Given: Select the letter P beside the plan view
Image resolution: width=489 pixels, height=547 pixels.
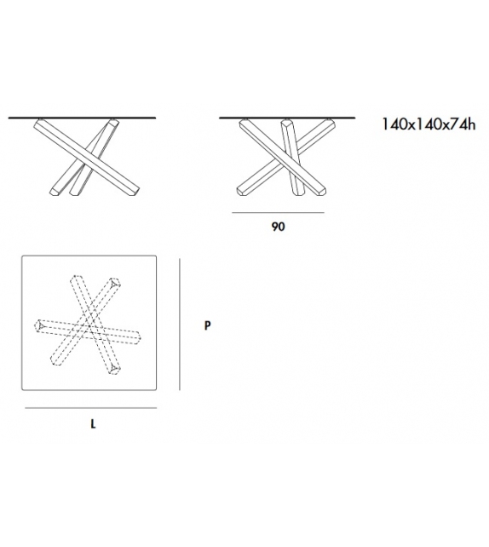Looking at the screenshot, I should (207, 325).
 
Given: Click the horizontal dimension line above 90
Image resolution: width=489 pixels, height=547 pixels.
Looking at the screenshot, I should (278, 212).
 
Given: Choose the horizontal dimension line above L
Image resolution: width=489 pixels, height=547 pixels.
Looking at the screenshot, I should (89, 410).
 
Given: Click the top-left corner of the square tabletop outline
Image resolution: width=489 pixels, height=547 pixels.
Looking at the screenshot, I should (24, 257).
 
